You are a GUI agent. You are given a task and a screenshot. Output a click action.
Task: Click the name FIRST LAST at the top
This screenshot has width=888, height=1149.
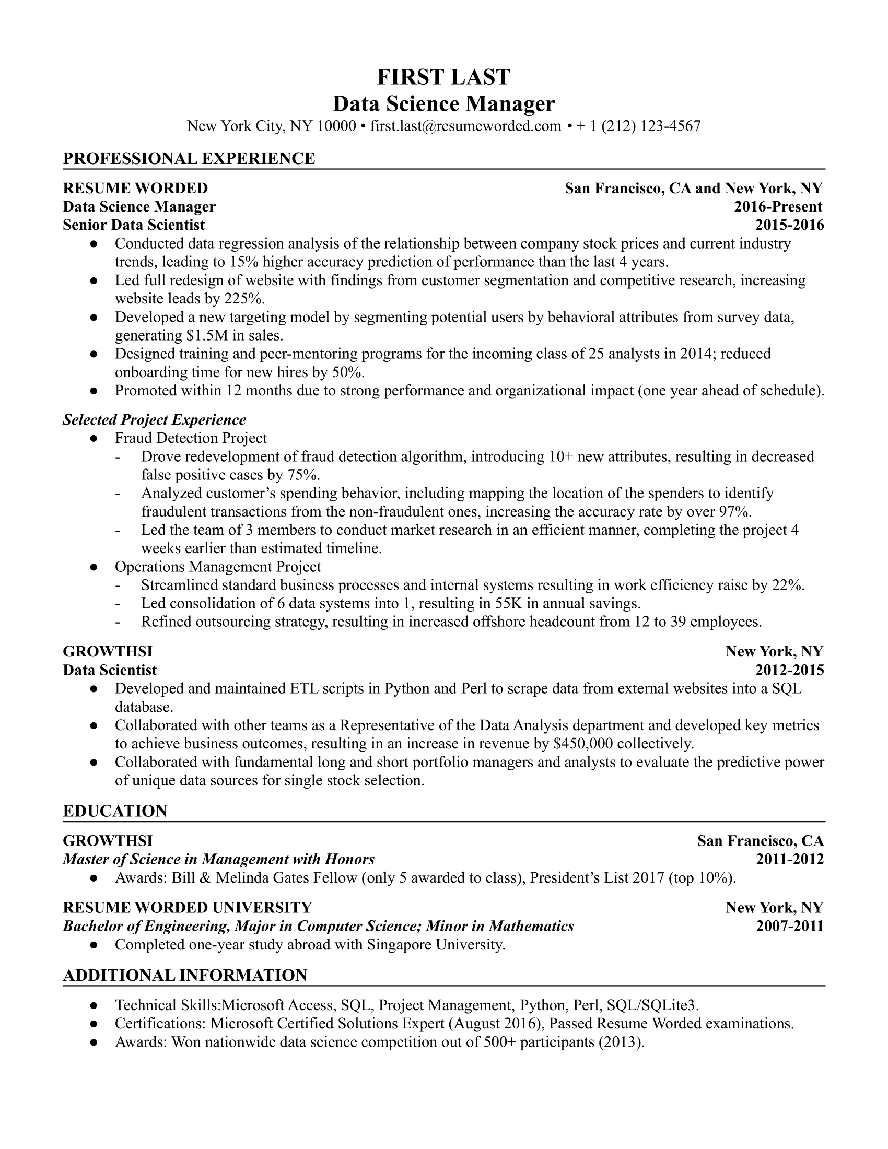(443, 77)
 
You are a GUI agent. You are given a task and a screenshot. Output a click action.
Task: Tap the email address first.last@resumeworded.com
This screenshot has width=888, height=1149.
(465, 126)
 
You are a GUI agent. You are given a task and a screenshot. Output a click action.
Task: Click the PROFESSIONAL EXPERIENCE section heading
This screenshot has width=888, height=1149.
(189, 158)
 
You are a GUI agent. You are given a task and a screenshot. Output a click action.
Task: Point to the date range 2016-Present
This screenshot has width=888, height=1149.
(778, 207)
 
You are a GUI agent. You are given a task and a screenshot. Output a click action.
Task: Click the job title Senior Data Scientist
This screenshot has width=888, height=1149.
(134, 225)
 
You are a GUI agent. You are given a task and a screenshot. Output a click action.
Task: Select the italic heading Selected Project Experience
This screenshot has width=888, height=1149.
(154, 420)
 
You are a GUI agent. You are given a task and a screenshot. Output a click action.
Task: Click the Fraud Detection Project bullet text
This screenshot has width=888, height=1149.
(191, 438)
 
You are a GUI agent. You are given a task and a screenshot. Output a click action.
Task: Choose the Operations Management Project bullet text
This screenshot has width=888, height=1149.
(218, 567)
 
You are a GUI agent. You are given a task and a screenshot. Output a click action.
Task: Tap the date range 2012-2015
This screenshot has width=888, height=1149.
(789, 670)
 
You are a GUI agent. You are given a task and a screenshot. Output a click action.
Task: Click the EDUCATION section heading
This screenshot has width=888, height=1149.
(115, 811)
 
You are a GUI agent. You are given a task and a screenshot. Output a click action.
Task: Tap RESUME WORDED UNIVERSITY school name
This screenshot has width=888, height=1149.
(188, 908)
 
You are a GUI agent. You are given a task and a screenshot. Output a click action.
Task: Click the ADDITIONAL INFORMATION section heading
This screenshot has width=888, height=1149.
(184, 976)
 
